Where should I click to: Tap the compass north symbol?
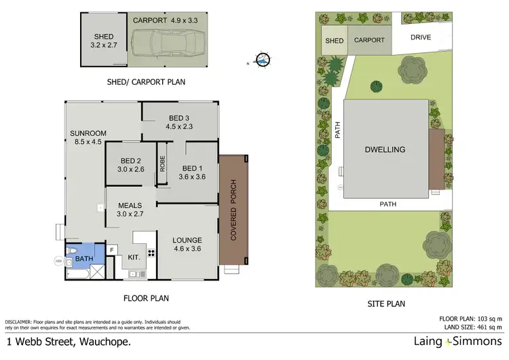click(263, 60)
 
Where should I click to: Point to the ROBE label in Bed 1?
click(162, 163)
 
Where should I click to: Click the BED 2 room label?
click(131, 165)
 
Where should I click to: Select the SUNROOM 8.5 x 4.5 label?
click(88, 137)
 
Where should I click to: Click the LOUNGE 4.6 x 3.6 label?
click(187, 245)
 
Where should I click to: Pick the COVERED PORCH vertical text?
click(233, 211)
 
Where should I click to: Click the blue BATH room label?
click(84, 259)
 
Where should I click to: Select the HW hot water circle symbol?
click(58, 260)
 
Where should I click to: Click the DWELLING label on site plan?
click(385, 149)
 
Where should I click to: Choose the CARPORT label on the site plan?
click(370, 40)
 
